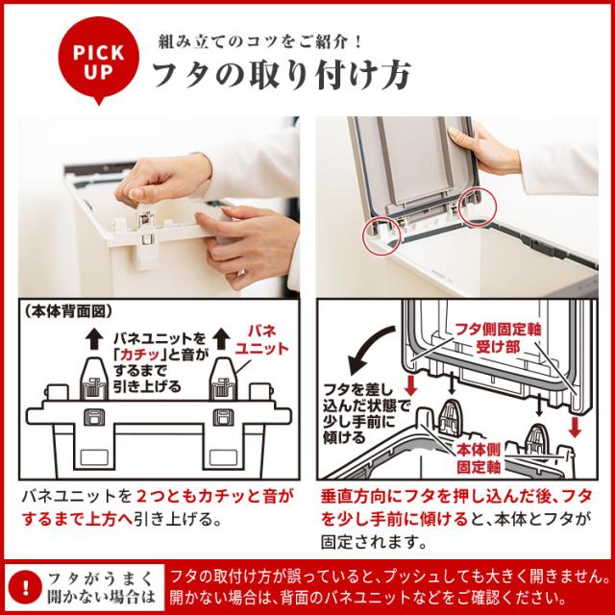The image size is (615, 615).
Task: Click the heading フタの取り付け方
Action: (282, 74)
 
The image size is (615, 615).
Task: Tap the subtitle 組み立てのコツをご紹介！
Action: (260, 41)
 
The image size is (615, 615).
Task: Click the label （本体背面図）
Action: (68, 311)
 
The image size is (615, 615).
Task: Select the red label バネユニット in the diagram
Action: (262, 340)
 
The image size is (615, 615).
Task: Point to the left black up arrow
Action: (94, 339)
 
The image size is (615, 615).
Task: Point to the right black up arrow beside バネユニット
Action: (222, 339)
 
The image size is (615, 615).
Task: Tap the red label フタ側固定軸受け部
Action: (498, 338)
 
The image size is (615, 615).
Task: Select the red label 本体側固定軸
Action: (479, 458)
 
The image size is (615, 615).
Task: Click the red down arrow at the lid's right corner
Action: (575, 427)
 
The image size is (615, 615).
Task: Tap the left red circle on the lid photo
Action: (381, 237)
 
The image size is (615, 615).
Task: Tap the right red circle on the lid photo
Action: (478, 207)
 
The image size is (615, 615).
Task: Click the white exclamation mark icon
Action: (25, 587)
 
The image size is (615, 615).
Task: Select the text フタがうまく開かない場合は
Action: (101, 587)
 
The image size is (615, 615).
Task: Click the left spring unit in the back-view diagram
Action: (94, 380)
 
